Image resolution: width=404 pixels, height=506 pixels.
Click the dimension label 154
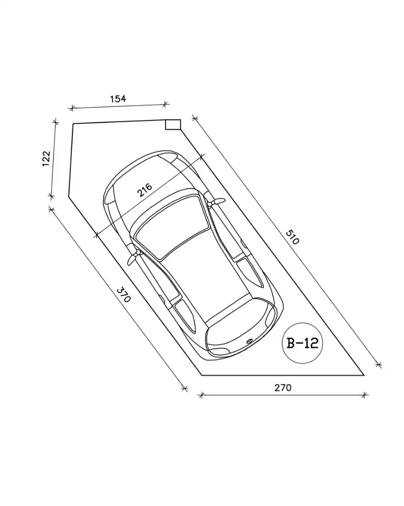click(118, 98)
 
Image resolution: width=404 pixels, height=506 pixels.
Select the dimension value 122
click(46, 158)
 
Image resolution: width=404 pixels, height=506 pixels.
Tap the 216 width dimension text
click(144, 190)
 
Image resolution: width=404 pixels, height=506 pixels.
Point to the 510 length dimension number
click(293, 237)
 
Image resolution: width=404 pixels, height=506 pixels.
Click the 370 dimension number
click(123, 294)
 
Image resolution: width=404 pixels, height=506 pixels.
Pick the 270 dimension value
click(283, 387)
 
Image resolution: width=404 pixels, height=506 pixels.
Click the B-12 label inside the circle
click(303, 342)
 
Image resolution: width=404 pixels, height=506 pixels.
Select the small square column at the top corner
click(173, 124)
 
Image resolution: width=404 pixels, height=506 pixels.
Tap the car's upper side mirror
click(216, 202)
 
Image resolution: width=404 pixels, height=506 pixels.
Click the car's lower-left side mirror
click(133, 258)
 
